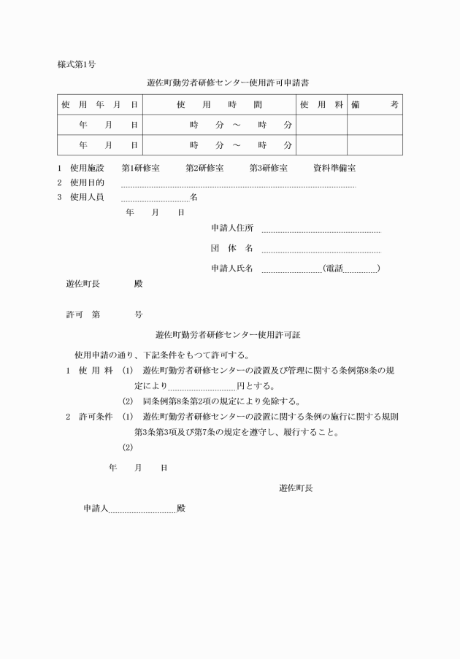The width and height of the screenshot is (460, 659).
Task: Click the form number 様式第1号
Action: point(77,65)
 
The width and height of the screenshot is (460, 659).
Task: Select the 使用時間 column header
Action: point(218,105)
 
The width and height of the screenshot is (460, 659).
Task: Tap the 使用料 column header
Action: point(321,105)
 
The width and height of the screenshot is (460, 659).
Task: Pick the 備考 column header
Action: point(374,105)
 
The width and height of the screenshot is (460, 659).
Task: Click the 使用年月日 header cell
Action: point(99,105)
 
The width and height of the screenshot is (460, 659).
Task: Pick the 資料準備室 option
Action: point(334,168)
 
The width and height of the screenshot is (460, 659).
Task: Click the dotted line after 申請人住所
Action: point(321,231)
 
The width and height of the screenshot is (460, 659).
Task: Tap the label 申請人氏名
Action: point(231,269)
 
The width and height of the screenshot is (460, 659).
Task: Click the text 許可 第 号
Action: point(104,315)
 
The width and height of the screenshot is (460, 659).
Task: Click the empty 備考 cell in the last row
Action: point(374,145)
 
